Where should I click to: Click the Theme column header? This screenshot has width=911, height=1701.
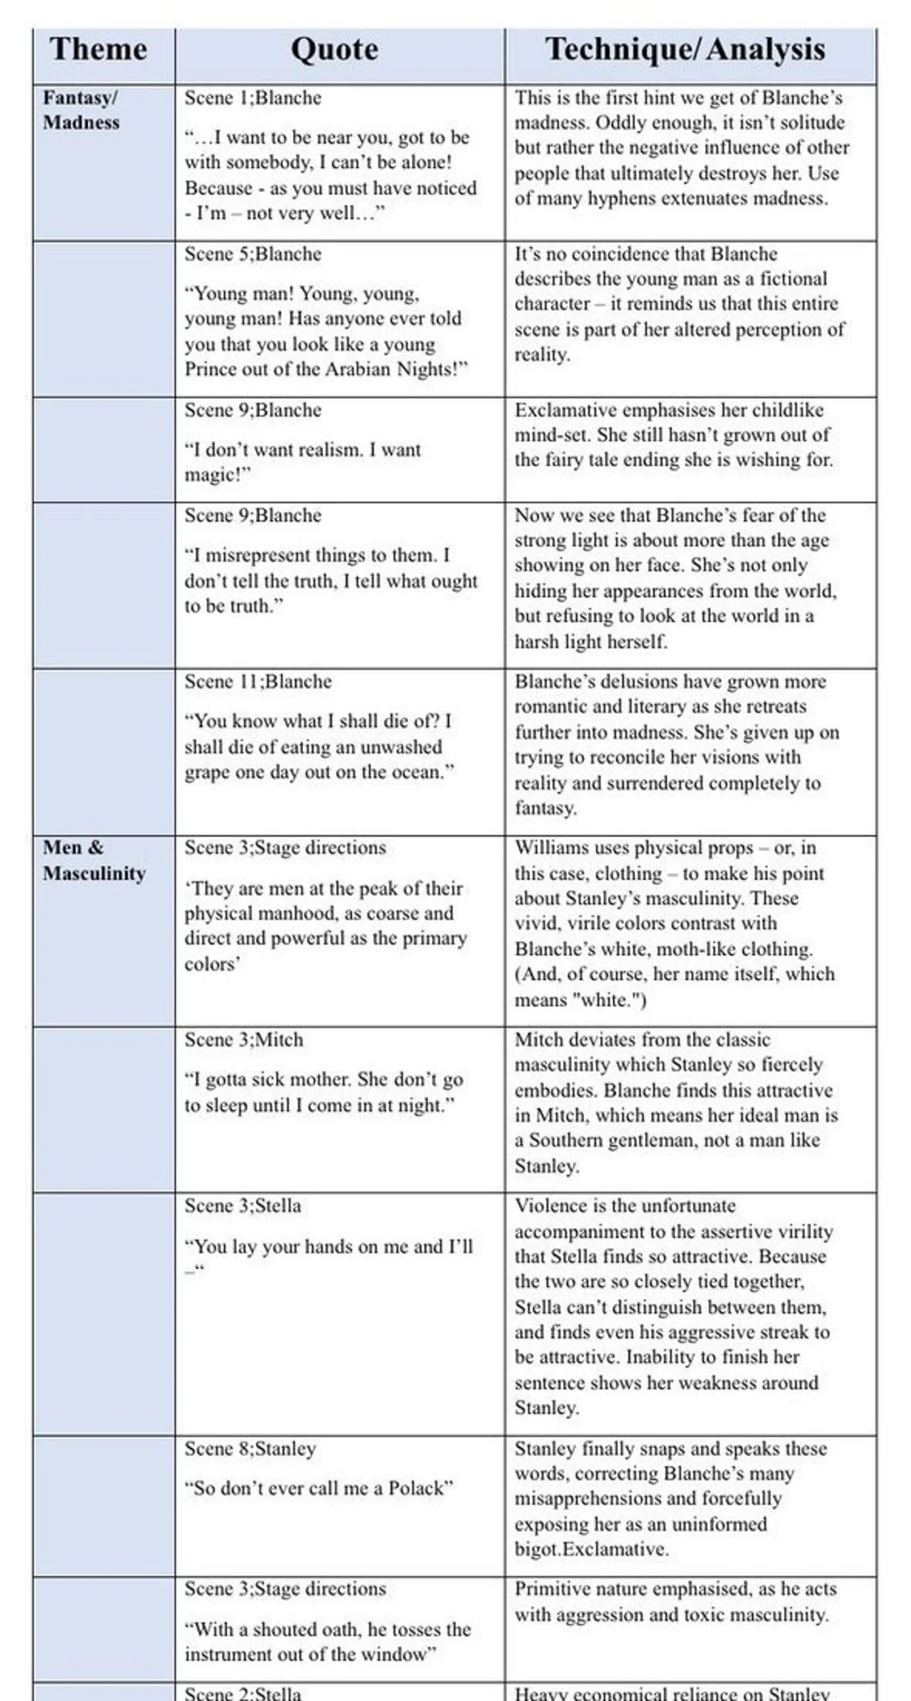click(x=98, y=50)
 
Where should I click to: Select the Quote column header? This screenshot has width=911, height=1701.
click(x=334, y=50)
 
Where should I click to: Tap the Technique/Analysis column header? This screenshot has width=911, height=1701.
click(x=685, y=50)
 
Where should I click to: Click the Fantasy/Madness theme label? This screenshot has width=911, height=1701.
click(x=81, y=110)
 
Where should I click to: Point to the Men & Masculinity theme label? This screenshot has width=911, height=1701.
click(x=94, y=860)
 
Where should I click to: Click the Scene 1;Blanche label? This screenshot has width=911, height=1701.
click(x=253, y=98)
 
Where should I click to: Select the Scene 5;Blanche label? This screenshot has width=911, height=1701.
click(x=253, y=254)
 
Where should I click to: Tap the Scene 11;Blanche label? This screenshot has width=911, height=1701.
click(x=258, y=682)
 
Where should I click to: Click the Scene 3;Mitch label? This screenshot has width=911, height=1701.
click(x=243, y=1040)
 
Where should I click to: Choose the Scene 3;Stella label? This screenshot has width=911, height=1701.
click(x=243, y=1206)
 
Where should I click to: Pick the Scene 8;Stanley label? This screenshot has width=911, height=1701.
click(x=250, y=1449)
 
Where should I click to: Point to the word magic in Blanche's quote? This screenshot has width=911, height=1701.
click(x=211, y=475)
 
